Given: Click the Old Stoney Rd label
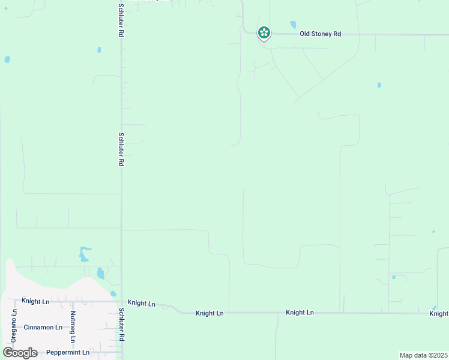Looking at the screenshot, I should (x=320, y=34).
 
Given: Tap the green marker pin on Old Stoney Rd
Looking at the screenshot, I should (x=264, y=32).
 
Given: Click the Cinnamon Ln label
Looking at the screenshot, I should (x=43, y=328).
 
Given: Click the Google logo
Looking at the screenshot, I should (x=20, y=353).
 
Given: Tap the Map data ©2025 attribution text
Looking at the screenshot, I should (x=423, y=355).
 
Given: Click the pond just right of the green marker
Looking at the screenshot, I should (x=293, y=25).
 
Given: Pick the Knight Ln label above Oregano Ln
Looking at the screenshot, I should (x=35, y=301).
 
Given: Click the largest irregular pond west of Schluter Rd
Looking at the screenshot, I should (x=83, y=254).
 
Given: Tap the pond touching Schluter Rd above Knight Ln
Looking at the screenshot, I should (x=113, y=293).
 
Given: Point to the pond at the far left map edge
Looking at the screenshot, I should (x=7, y=59).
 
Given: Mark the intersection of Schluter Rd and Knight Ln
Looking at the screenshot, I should (x=121, y=302).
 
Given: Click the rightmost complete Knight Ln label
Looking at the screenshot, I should (x=300, y=313).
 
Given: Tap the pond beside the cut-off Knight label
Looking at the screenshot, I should (x=434, y=308).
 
